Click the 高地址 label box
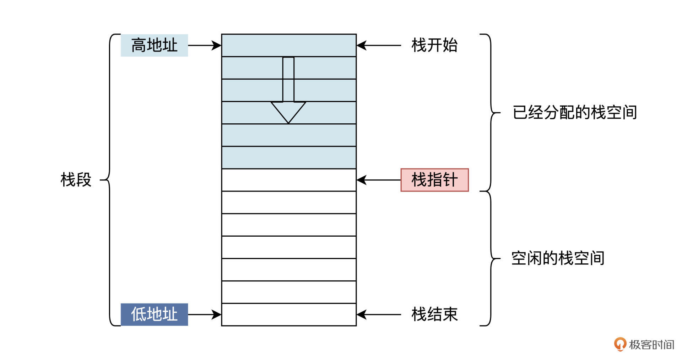[x=154, y=45]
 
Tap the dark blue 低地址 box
[x=154, y=315]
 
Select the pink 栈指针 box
[x=434, y=180]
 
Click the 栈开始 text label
[x=434, y=45]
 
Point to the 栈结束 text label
[x=434, y=315]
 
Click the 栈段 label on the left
[x=76, y=180]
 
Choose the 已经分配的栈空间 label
[x=574, y=113]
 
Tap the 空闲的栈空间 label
[x=558, y=258]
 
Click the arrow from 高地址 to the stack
[x=204, y=45]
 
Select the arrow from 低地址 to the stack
[x=204, y=315]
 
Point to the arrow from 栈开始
[x=379, y=45]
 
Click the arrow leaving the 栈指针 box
[x=379, y=180]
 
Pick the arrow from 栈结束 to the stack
[x=379, y=315]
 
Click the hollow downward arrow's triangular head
[x=288, y=110]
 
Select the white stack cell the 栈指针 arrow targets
[x=289, y=180]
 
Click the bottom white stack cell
[x=289, y=315]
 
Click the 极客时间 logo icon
[x=620, y=344]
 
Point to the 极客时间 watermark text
[x=651, y=345]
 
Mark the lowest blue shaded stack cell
[x=289, y=157]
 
